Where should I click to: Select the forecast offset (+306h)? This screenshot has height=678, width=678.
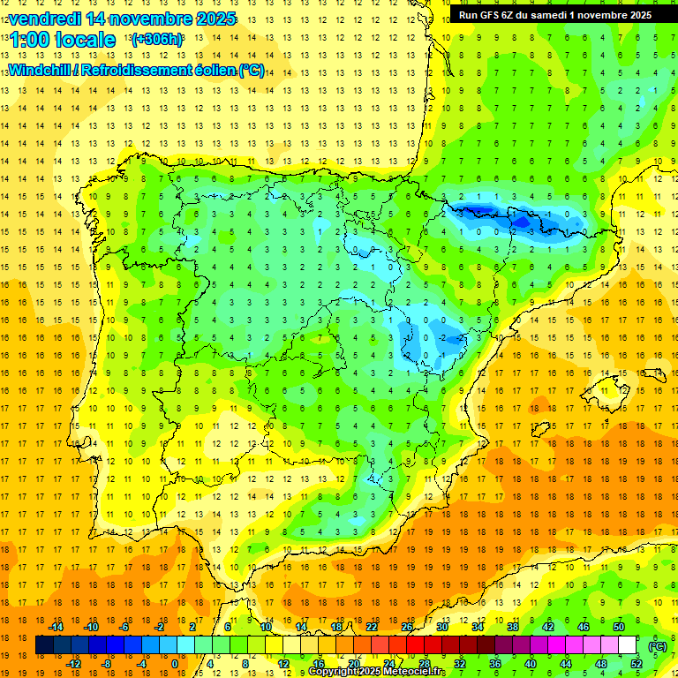coord(157,40)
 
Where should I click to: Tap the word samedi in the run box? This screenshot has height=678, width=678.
coord(555,15)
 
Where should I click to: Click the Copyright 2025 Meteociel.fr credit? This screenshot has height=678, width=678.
coord(376,672)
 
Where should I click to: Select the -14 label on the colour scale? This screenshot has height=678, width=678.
coord(56,626)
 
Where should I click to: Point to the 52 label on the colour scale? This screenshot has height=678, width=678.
coord(637,663)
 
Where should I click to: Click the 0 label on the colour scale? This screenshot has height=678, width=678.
coord(174,663)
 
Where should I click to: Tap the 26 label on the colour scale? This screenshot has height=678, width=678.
coord(407,626)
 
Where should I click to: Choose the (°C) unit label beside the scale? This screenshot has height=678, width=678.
coord(658,646)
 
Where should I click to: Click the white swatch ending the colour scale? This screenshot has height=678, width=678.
coord(628,646)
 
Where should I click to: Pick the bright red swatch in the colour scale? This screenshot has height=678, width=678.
coord(415,646)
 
